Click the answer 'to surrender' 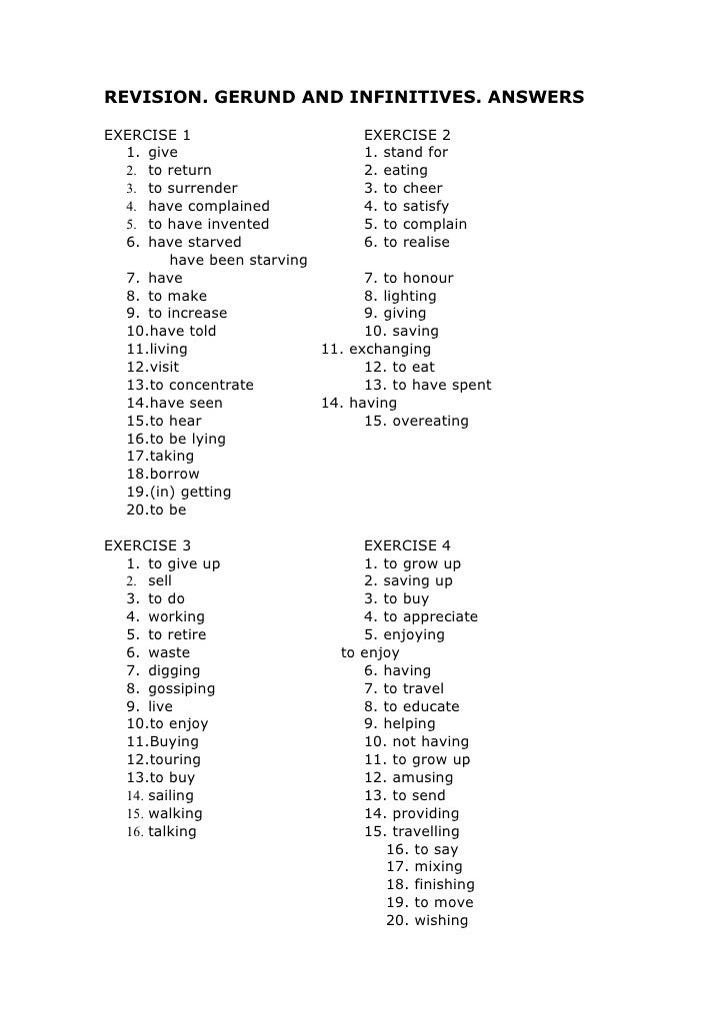coord(193,188)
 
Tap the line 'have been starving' coord(239,261)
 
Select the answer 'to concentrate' coord(201,385)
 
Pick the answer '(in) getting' coord(190,492)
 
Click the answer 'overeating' coord(430,421)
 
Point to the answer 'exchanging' coord(390,350)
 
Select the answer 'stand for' coord(415,153)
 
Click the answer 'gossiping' coord(181,688)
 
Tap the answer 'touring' coord(173,759)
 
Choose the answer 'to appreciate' coord(430,617)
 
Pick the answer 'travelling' coord(426,831)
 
